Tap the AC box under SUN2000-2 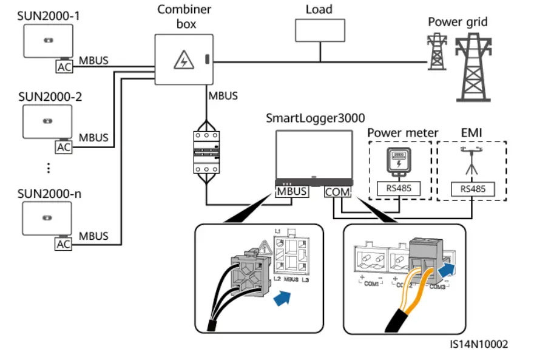[x=64, y=146]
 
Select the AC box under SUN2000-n [x=64, y=244]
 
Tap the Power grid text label [x=458, y=22]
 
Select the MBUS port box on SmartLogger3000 [x=292, y=192]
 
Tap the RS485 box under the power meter [x=399, y=189]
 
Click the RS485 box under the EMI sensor [x=472, y=189]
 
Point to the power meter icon [x=398, y=161]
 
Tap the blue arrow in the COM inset [x=447, y=267]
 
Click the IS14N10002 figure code [x=479, y=344]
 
